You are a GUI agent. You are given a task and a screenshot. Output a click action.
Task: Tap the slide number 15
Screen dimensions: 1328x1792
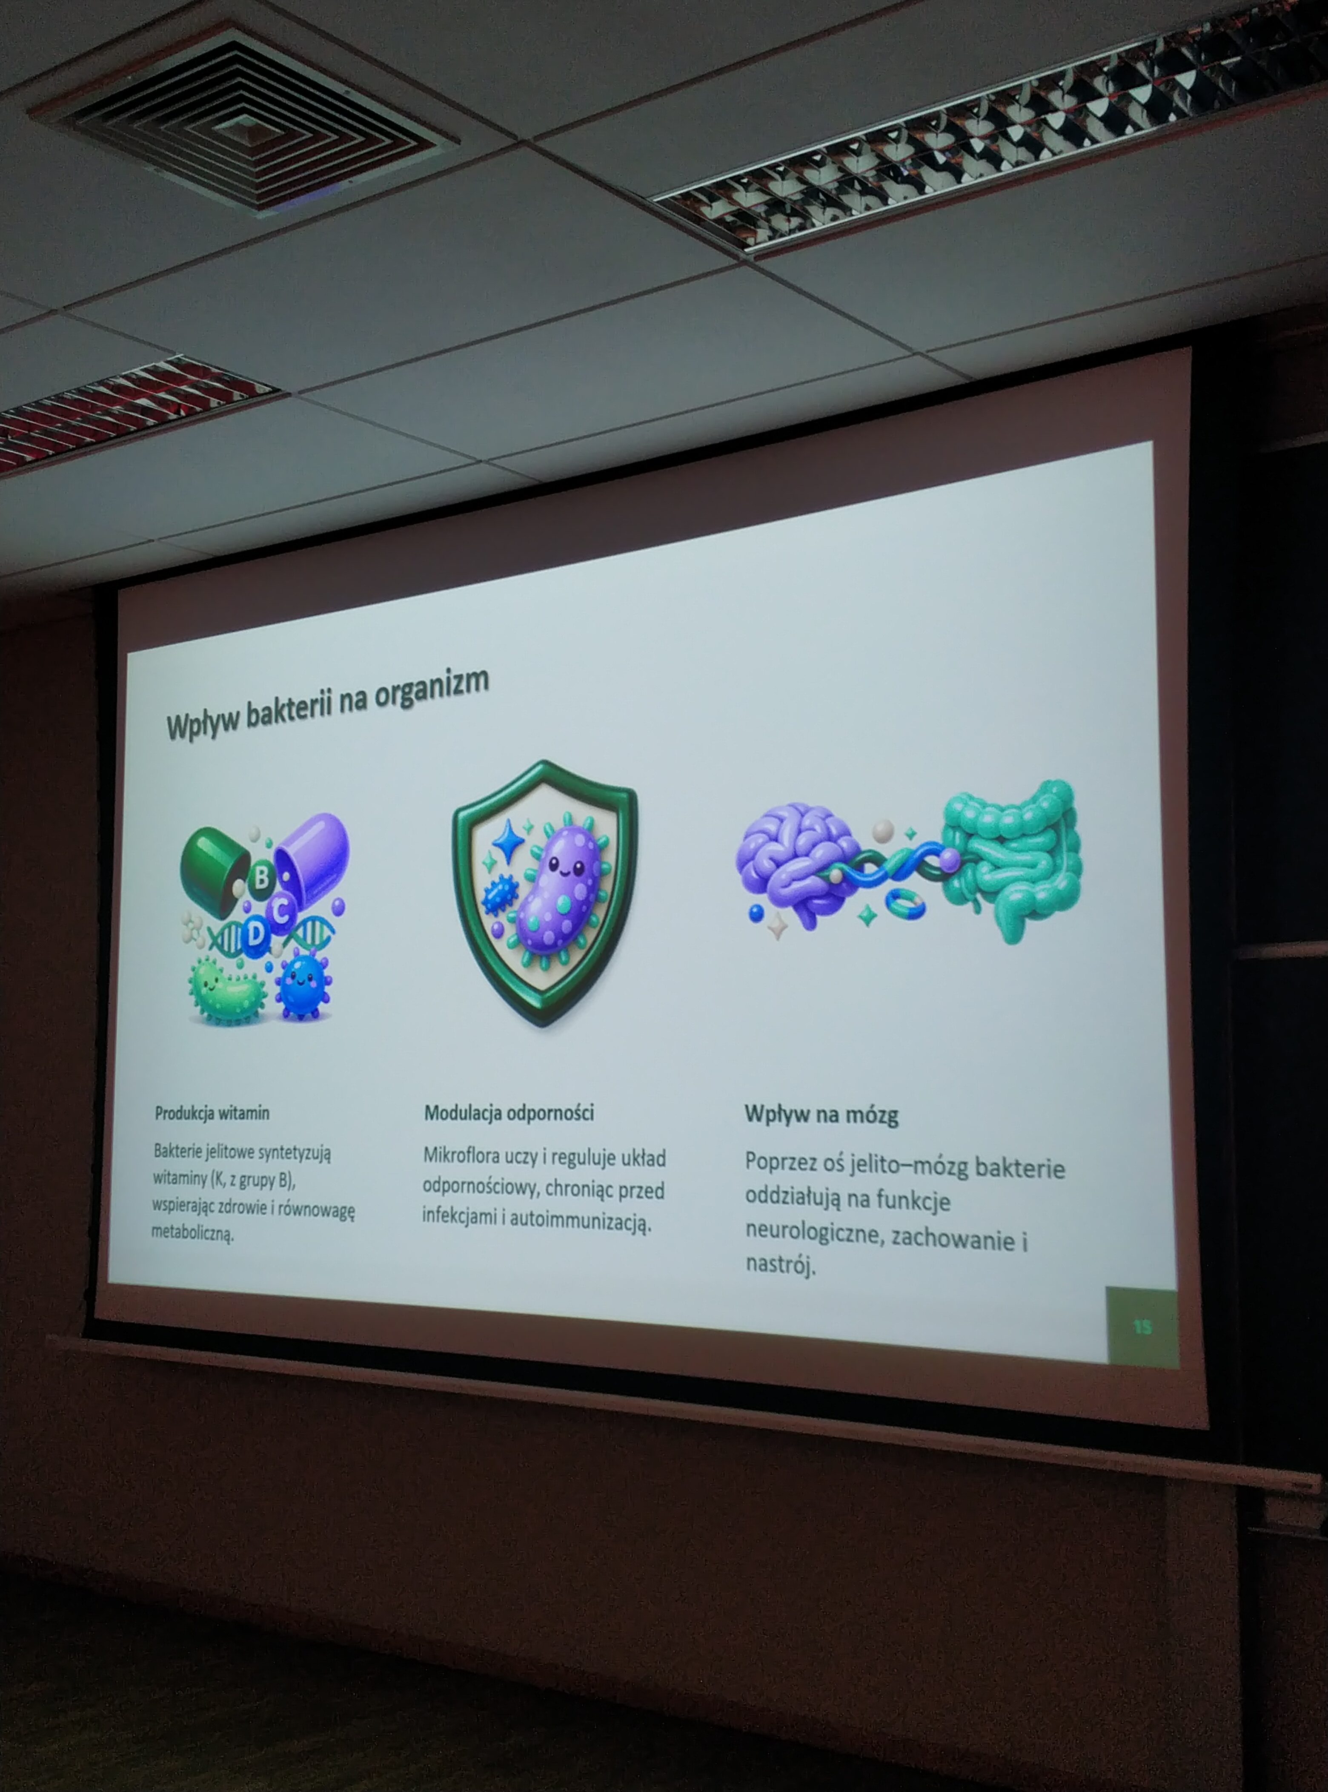1142,1326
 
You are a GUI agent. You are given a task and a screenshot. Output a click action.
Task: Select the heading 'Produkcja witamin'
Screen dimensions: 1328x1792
212,1113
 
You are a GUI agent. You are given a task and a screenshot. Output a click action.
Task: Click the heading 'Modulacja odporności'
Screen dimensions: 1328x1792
509,1113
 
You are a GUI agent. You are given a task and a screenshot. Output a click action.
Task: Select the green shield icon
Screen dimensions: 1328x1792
544,892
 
